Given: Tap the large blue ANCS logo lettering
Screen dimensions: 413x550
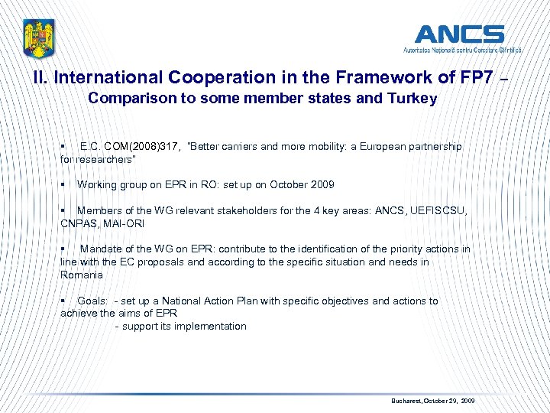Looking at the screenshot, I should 459,34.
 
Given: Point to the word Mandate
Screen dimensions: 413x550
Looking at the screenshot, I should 101,249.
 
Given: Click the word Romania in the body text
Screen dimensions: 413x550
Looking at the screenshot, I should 81,275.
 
